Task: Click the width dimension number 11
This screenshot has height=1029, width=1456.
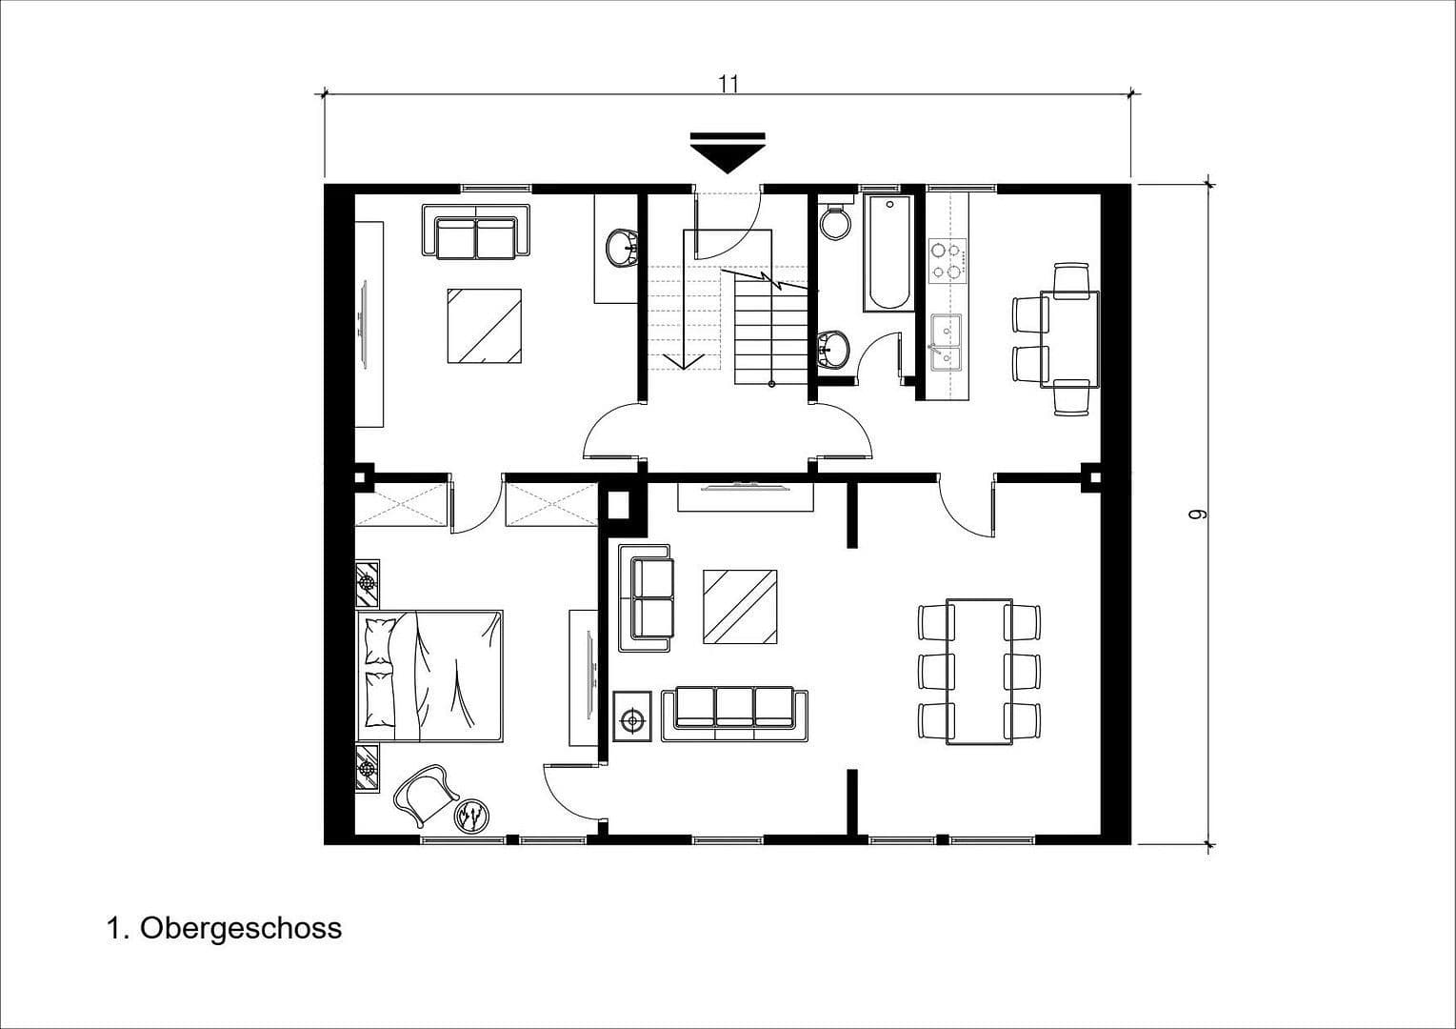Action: click(728, 83)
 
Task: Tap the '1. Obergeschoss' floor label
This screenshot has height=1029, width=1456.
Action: click(224, 928)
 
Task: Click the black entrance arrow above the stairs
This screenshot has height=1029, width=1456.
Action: click(728, 152)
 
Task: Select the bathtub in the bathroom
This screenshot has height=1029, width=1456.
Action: click(888, 253)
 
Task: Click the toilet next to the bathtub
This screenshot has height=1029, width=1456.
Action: click(836, 222)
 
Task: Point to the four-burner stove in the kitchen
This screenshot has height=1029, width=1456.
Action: click(947, 260)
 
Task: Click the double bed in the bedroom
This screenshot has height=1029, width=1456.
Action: click(430, 676)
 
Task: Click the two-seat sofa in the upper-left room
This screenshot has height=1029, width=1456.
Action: click(475, 232)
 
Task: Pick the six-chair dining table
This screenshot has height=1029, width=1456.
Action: click(979, 671)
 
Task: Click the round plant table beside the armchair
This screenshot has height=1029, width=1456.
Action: click(470, 816)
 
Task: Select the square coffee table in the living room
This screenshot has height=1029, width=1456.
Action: click(739, 607)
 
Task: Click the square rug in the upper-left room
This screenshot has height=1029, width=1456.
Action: click(485, 326)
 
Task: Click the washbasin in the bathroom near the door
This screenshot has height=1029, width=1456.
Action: click(832, 348)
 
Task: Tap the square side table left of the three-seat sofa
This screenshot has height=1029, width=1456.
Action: click(633, 720)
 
